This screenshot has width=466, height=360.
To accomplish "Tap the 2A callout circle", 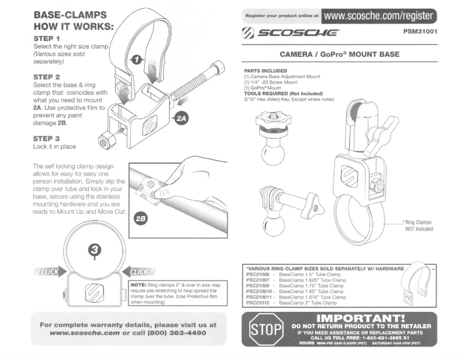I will point(182,118).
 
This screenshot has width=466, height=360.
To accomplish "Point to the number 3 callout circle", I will point(95,250).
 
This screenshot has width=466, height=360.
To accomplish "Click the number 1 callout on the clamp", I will point(136,59).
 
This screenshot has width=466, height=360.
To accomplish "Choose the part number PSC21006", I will point(259,274).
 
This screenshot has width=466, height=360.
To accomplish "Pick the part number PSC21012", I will point(259,303).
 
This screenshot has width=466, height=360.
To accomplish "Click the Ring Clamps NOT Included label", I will point(418,225).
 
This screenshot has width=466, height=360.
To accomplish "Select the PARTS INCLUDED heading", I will point(266,71).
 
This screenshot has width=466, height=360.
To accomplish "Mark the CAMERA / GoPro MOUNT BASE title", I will point(339,55).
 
